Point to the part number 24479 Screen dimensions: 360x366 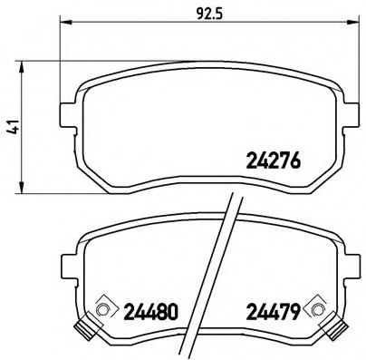tap(273, 311)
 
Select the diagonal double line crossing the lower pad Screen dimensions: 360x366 tap(222, 272)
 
